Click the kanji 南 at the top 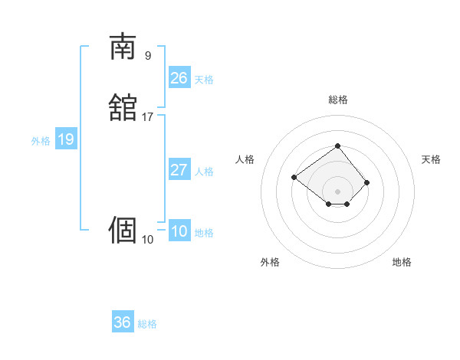[x=123, y=47]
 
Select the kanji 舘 [x=123, y=107]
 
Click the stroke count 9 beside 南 [x=147, y=55]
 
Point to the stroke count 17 [x=147, y=117]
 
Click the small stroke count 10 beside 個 [x=147, y=240]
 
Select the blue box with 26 [x=179, y=78]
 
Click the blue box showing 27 [x=179, y=170]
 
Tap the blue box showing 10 [x=179, y=231]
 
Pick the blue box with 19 [x=66, y=139]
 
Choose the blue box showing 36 [x=123, y=322]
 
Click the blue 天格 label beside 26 [x=204, y=80]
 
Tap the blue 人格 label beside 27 [x=204, y=172]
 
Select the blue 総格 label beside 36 [x=147, y=324]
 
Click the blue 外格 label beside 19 [x=41, y=141]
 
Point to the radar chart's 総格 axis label [x=337, y=100]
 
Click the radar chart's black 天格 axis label [x=432, y=159]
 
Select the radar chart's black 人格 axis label [x=245, y=159]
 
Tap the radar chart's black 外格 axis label [x=270, y=263]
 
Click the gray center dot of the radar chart [x=337, y=191]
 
